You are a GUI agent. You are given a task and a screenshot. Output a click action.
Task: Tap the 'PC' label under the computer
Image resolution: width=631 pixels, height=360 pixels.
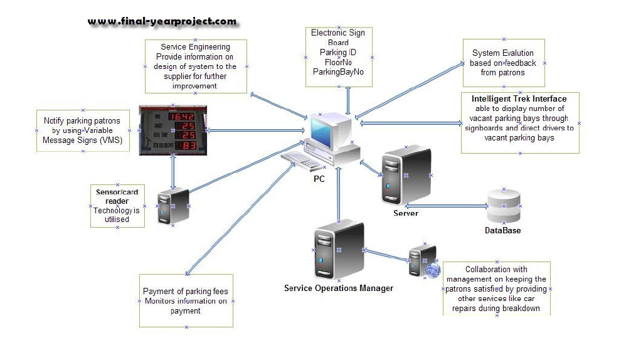coord(319,179)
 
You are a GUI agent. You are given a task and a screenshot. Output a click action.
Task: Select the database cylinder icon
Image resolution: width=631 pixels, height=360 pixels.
coord(504,205)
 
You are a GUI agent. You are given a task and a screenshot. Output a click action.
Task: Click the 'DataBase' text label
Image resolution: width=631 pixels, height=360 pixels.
coord(502,231)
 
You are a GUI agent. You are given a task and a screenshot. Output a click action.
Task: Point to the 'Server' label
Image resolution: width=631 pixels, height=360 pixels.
coord(405,213)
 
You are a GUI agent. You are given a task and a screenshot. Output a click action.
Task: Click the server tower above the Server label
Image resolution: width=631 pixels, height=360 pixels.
coord(406,175)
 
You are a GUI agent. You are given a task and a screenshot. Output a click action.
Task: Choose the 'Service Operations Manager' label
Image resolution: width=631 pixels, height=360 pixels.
coord(339,289)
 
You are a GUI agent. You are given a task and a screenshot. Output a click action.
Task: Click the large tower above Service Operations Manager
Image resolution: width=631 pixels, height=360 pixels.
coord(339,249)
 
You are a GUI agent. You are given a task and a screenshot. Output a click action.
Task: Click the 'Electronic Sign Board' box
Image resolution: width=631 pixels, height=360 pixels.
coord(338,53)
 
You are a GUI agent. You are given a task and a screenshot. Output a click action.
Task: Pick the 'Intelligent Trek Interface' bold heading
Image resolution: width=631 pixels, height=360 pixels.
coord(519,99)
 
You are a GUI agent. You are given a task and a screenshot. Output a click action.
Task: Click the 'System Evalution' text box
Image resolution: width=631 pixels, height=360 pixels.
coord(503,63)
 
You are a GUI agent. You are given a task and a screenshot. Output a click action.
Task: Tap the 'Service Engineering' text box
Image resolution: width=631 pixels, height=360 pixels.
coord(195,66)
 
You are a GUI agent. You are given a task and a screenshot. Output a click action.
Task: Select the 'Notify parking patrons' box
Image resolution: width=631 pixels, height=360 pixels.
coord(82,130)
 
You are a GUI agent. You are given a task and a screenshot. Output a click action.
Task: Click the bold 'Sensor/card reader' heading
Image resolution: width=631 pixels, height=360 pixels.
coord(117,196)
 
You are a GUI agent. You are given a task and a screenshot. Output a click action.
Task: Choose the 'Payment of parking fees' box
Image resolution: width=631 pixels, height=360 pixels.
coord(186,301)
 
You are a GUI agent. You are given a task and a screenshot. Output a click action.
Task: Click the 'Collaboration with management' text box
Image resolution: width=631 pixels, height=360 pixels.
coord(496,289)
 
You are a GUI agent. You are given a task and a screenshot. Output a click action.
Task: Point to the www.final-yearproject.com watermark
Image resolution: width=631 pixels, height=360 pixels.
coord(162,21)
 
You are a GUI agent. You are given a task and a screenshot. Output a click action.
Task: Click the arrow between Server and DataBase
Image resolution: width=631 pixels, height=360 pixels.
coord(447,205)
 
